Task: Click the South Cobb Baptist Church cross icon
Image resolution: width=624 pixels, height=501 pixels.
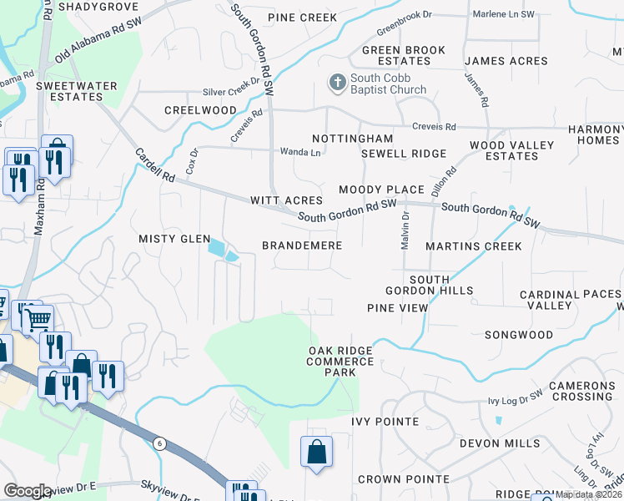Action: (x=337, y=82)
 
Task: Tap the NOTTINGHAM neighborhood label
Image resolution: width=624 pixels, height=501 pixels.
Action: (x=352, y=138)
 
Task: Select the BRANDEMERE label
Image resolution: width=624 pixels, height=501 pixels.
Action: (x=302, y=245)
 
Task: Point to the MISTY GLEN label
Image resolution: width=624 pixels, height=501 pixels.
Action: (x=174, y=239)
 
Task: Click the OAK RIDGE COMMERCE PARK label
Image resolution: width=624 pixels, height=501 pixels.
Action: (x=340, y=362)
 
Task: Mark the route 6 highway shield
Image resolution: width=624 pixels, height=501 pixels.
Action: (x=159, y=443)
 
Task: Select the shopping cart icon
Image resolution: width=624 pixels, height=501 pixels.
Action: (x=38, y=319)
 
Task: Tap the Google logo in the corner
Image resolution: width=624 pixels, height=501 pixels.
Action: (x=28, y=490)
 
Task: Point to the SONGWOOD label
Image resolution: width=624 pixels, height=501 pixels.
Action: (x=519, y=335)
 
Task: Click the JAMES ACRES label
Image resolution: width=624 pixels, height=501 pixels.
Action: (x=506, y=61)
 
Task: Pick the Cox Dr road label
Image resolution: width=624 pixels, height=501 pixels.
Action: (x=191, y=161)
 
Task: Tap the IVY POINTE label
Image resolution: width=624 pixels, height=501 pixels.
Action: (x=385, y=422)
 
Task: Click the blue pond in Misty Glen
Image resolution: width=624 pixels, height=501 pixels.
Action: (x=219, y=247)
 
